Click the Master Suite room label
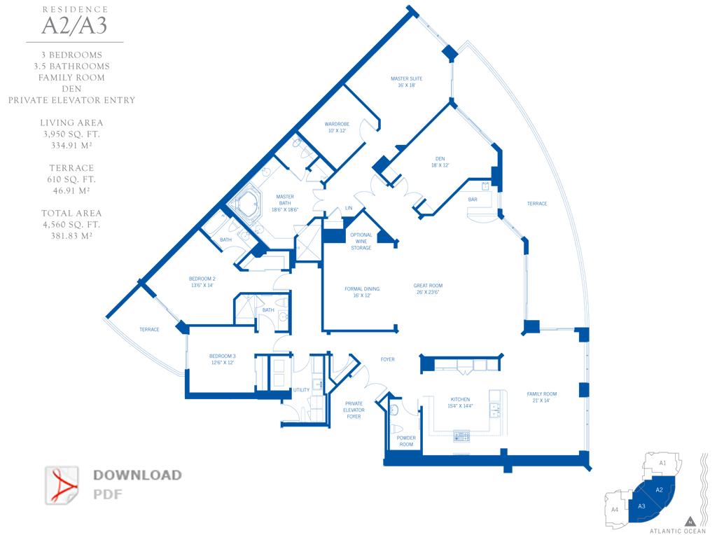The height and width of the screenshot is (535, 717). click(407, 82)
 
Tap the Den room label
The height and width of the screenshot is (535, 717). click(440, 162)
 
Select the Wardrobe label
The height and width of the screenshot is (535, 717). click(336, 127)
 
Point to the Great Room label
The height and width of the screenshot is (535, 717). click(428, 289)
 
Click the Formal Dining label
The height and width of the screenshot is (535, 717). click(362, 292)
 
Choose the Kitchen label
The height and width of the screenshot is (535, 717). click(460, 403)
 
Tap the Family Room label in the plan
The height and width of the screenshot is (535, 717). click(542, 397)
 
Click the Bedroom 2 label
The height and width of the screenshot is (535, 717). click(202, 282)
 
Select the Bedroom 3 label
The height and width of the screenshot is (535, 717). click(223, 359)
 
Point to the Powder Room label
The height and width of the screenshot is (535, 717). click(406, 441)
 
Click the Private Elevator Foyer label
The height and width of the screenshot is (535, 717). click(354, 410)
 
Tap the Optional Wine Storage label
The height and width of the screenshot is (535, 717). click(361, 242)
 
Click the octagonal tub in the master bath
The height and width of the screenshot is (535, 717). click(246, 204)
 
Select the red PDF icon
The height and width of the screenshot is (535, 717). click(63, 485)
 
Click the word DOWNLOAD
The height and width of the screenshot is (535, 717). click(137, 475)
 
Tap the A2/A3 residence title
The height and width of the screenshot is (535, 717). click(74, 26)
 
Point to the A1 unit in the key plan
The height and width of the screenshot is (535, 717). click(662, 464)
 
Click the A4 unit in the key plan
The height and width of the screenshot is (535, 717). click(614, 509)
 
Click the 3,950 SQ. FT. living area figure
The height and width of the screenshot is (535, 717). click(71, 134)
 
